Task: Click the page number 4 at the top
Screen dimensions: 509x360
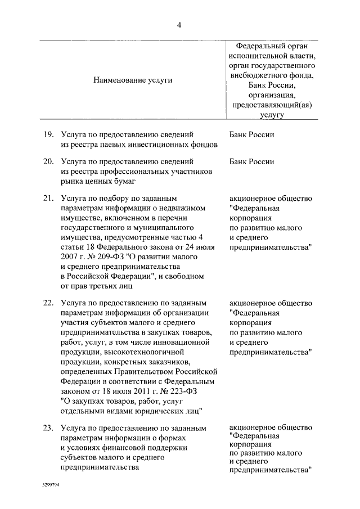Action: pos(179,25)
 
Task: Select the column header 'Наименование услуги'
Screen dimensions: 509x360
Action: pos(133,80)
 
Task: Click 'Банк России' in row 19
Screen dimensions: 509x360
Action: pos(252,135)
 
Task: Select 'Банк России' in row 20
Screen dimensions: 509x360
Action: pos(252,162)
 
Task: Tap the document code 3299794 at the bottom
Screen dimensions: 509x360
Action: pos(51,484)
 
